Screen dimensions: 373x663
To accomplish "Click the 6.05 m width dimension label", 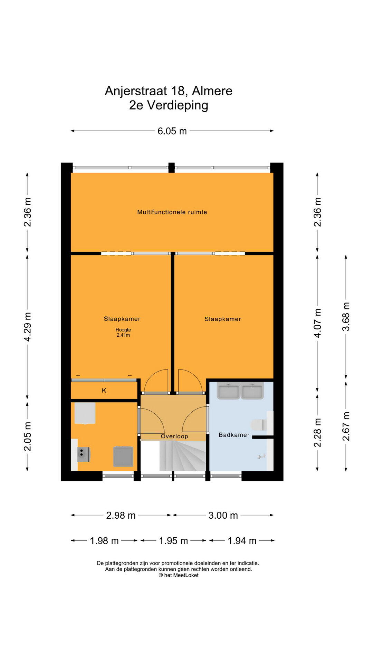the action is click(x=172, y=131).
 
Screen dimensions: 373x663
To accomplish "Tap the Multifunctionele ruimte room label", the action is click(x=172, y=212).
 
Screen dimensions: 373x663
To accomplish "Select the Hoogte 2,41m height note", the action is click(x=123, y=332).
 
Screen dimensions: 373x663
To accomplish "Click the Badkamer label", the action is click(x=234, y=435).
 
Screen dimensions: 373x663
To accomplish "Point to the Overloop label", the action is click(x=174, y=436).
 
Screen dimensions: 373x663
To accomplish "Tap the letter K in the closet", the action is click(x=104, y=391).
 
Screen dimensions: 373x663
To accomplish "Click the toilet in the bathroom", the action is click(x=258, y=425).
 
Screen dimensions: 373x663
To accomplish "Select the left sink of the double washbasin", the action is click(x=228, y=391).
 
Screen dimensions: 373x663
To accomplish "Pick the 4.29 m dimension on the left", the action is click(x=27, y=327).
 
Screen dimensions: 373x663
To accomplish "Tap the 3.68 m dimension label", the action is click(x=346, y=317).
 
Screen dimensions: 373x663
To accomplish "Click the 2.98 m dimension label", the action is click(x=121, y=516).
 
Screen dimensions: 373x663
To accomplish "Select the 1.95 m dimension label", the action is click(x=173, y=541).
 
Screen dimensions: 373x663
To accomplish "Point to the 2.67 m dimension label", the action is click(x=346, y=426).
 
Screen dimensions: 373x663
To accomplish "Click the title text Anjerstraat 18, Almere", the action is click(x=169, y=91).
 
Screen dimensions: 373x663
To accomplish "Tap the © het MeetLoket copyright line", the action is click(x=179, y=575).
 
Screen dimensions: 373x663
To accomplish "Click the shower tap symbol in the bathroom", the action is click(x=262, y=457).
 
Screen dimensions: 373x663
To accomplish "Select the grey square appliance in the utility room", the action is click(x=123, y=457).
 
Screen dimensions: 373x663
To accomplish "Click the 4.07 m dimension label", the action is click(x=317, y=323).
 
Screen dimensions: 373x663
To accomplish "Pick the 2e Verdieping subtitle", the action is click(x=169, y=105).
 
